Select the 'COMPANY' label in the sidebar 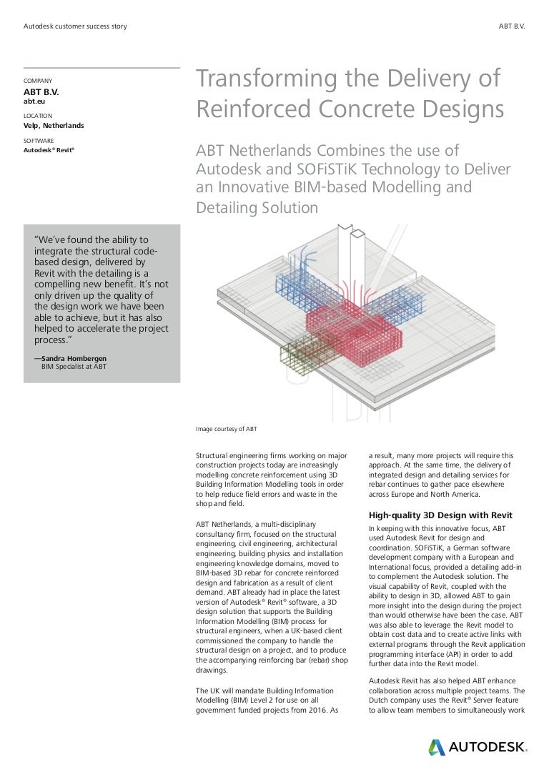tap(38, 81)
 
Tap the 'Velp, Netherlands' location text tap(54, 126)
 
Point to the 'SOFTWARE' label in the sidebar tap(39, 141)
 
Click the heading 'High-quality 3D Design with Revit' tap(440, 515)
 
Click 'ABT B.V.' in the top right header tap(511, 26)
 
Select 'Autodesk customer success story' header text tap(75, 26)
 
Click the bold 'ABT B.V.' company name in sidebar tap(41, 92)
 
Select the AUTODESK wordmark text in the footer tap(488, 748)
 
